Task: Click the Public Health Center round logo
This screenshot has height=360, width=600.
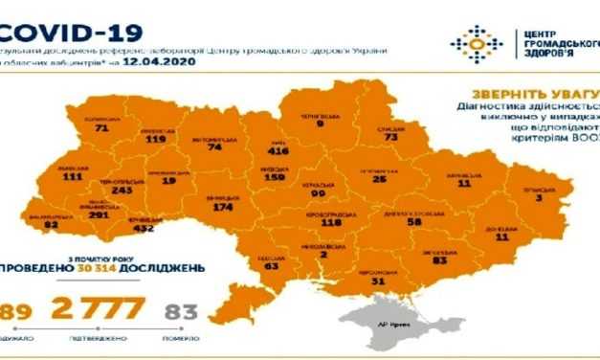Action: [476, 42]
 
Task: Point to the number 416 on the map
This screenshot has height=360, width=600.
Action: [280, 150]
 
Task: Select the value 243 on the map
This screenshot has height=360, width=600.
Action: [122, 190]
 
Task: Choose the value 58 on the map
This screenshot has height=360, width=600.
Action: [414, 221]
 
